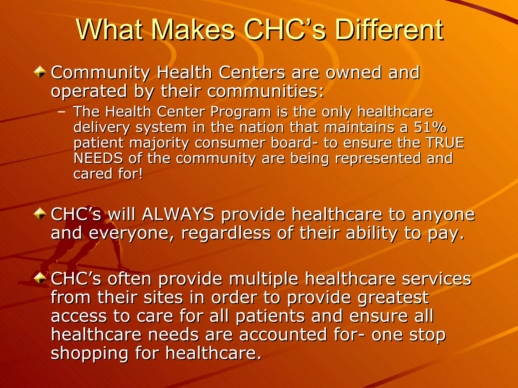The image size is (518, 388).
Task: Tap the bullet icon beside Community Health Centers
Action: (40, 72)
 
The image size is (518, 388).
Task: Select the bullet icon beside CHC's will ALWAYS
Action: (40, 214)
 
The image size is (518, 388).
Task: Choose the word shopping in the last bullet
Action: (90, 354)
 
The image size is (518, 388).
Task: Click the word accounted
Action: (283, 335)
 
